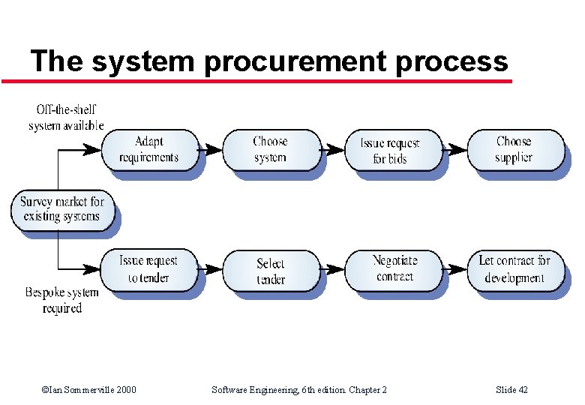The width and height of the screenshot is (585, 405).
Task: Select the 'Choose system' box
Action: (270, 150)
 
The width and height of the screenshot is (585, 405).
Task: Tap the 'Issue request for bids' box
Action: (391, 150)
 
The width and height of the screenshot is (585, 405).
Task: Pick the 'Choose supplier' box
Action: (514, 150)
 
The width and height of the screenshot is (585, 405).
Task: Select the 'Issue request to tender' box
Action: (148, 269)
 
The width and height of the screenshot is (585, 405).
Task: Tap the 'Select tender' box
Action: (270, 271)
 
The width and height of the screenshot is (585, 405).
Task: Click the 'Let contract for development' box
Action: (514, 269)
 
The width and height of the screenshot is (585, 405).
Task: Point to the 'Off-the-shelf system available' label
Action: (66, 118)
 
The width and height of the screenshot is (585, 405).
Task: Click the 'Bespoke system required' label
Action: (61, 300)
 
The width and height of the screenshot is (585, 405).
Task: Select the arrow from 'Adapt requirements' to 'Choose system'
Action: (211, 150)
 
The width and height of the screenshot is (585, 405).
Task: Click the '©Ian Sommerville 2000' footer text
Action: (89, 389)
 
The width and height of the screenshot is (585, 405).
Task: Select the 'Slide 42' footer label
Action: (512, 389)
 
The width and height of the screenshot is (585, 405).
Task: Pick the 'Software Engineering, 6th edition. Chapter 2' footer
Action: (299, 389)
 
